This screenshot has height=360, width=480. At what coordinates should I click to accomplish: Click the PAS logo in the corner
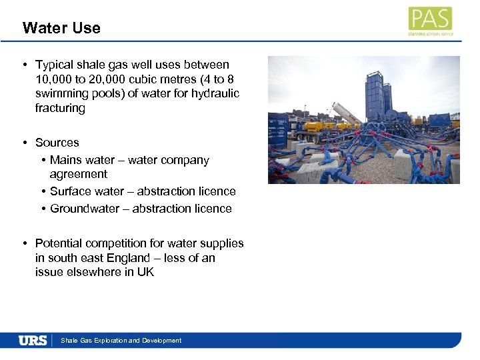click(430, 21)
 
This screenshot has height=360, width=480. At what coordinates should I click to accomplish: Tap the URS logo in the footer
click(33, 341)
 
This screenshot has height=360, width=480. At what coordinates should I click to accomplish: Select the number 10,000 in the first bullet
click(53, 79)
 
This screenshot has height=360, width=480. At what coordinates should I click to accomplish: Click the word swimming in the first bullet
click(61, 93)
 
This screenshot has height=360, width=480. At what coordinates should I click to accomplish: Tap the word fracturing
click(60, 108)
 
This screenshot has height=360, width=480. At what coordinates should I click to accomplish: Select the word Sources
click(57, 143)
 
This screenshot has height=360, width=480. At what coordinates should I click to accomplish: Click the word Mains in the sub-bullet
click(65, 160)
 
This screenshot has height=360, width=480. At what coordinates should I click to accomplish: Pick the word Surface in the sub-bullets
click(71, 191)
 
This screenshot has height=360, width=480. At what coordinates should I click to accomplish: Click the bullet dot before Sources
click(24, 143)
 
